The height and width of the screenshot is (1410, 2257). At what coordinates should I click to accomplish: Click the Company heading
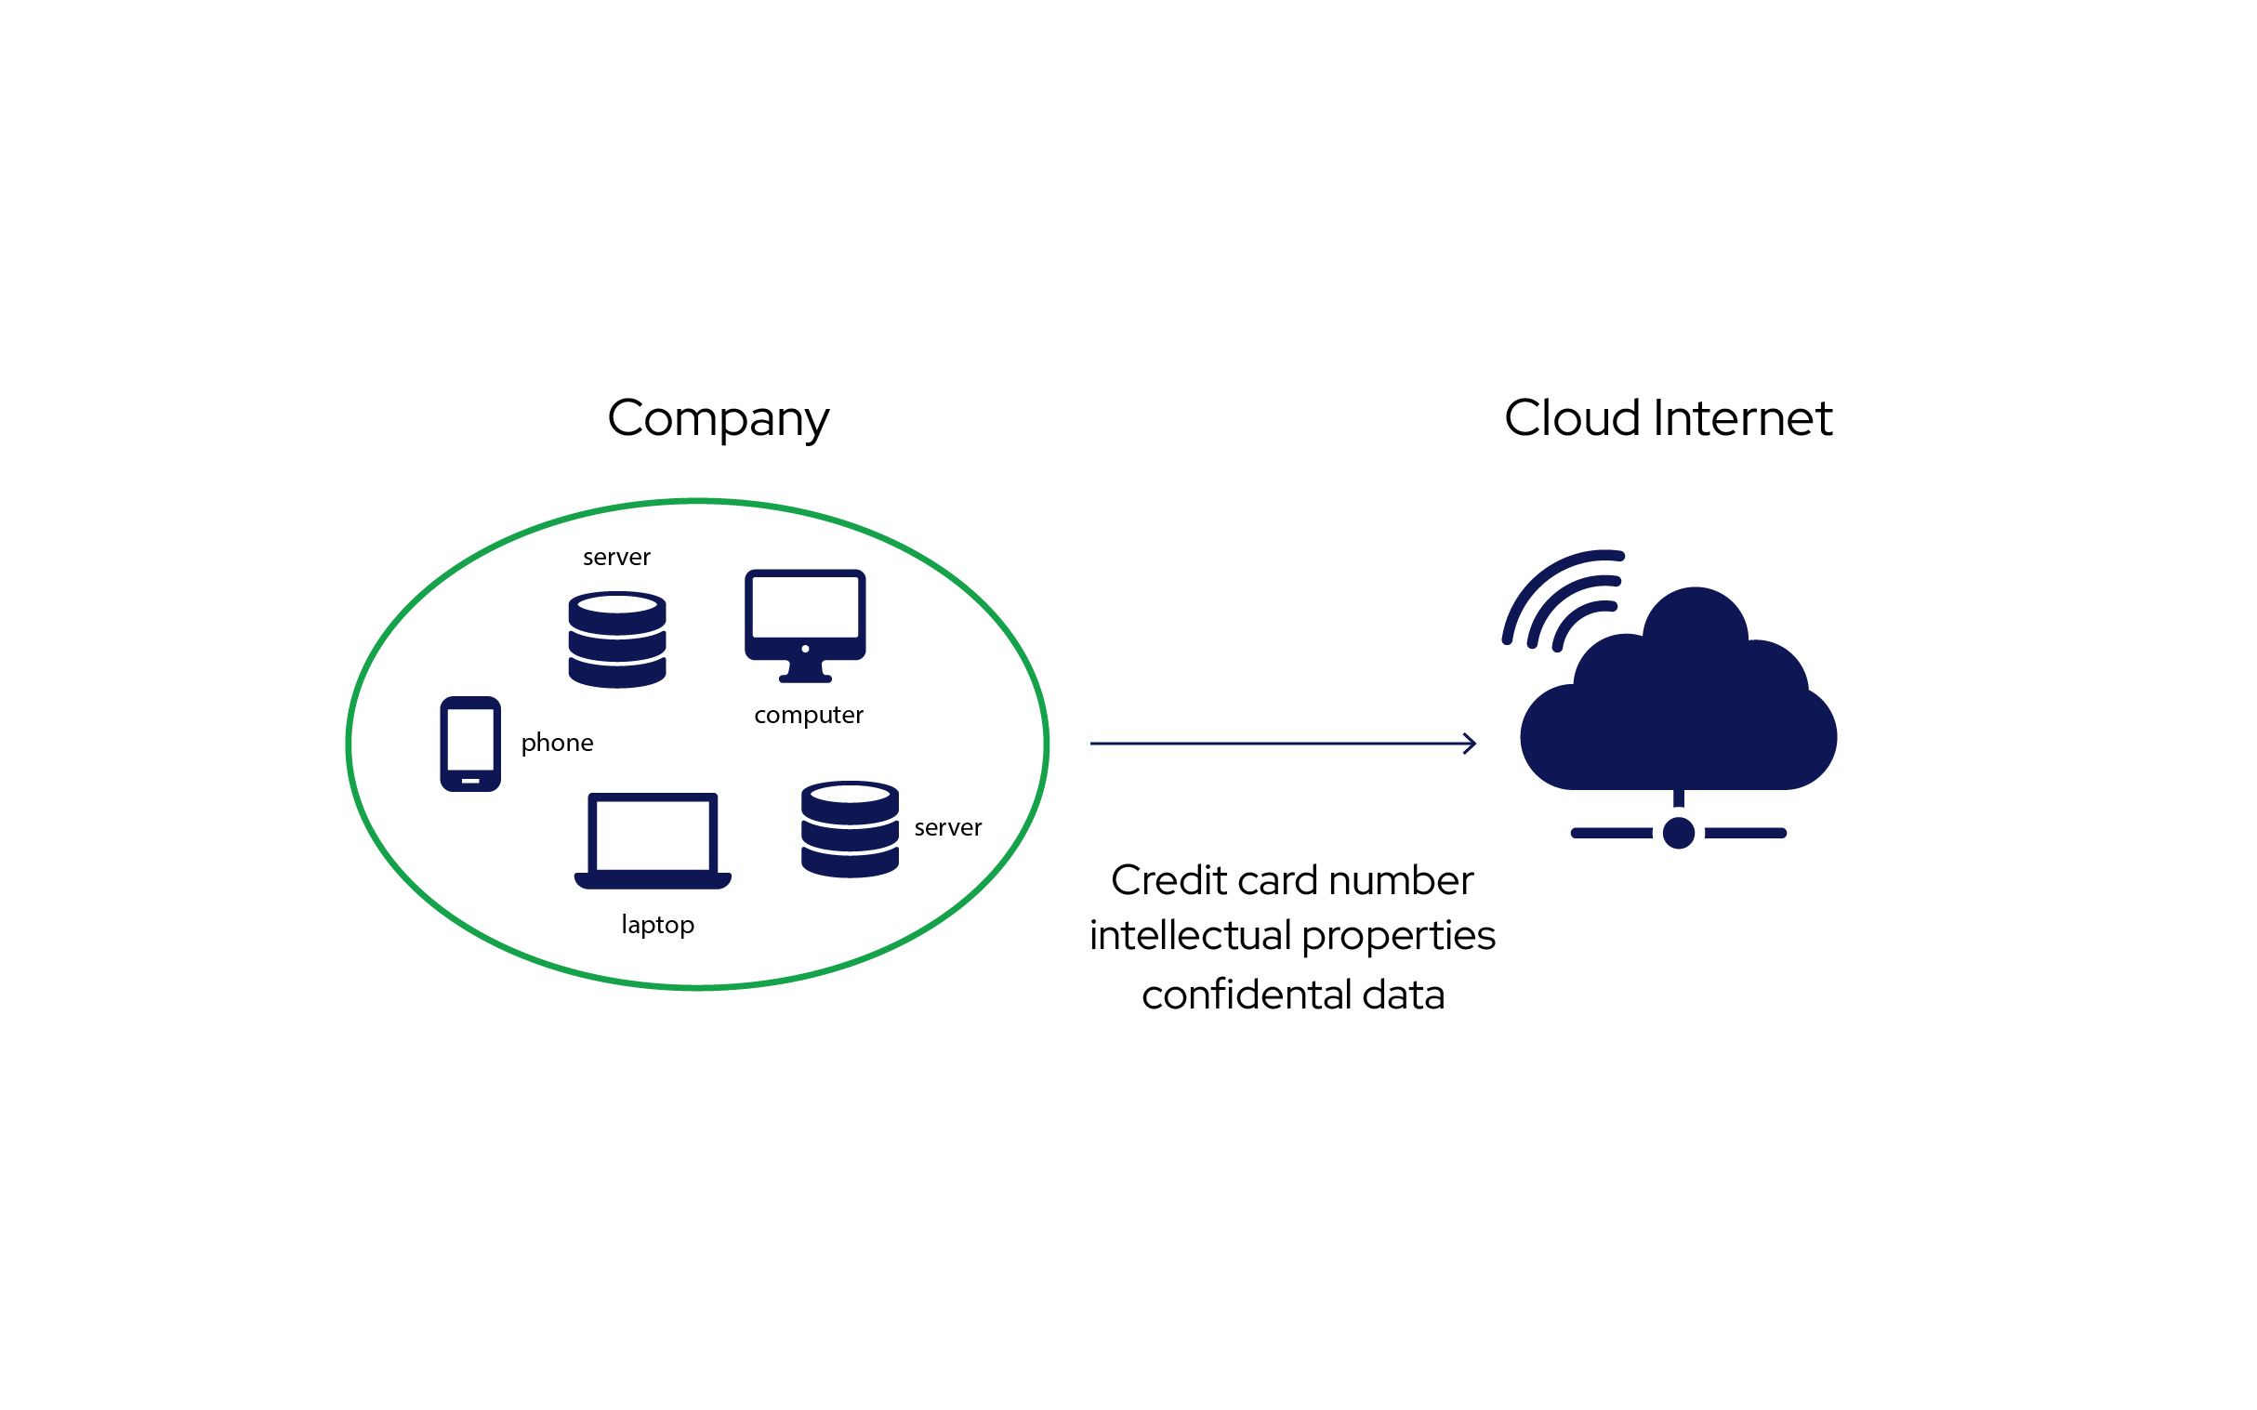718,418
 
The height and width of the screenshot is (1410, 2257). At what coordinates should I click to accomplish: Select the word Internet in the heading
1742,417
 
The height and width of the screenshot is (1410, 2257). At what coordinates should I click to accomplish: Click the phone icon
470,744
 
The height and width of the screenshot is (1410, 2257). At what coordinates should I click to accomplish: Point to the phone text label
557,743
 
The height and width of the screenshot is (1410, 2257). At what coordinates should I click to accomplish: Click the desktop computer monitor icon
805,623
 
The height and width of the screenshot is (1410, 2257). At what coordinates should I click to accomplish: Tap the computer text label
809,715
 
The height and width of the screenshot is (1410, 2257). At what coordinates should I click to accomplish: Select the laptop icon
652,839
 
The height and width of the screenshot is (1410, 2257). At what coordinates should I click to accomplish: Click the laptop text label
657,924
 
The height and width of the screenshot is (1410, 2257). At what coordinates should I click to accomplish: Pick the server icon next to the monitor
616,639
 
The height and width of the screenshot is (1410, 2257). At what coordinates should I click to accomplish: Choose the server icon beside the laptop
850,829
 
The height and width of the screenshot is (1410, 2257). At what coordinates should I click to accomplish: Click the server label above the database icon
616,557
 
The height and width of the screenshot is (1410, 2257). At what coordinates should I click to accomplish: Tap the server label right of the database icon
947,827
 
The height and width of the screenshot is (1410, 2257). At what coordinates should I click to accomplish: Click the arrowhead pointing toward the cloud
1470,744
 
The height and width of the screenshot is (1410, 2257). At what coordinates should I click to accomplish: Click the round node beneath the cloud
1679,833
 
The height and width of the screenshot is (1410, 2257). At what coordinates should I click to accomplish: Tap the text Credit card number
1292,880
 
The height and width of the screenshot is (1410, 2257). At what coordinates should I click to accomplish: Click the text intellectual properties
1292,936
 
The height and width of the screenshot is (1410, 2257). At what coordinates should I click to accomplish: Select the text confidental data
1293,995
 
